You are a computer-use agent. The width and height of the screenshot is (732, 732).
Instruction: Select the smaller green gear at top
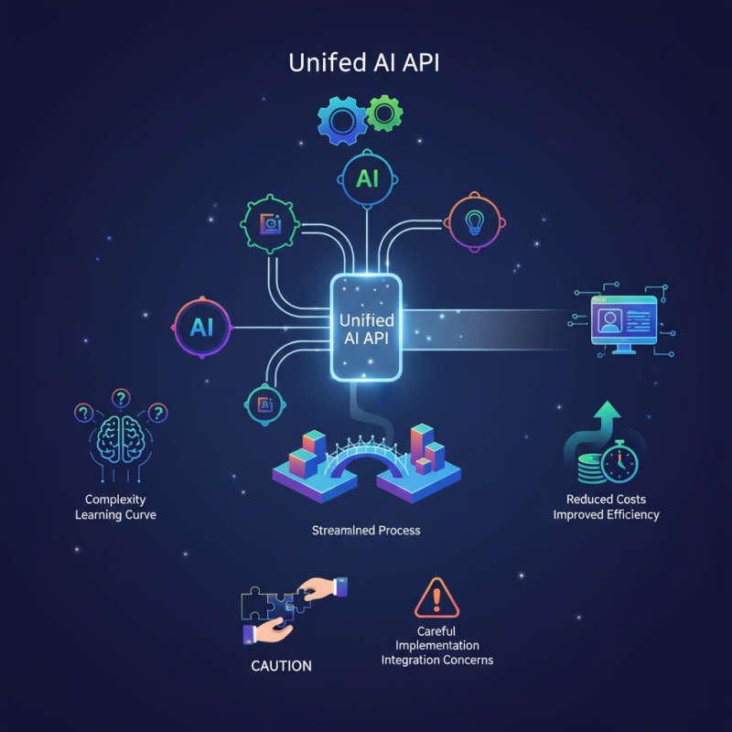[x=385, y=113]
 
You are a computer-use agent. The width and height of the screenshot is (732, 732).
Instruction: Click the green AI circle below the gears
[x=366, y=178]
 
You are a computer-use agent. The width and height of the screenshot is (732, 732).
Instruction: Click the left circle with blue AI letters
[x=201, y=327]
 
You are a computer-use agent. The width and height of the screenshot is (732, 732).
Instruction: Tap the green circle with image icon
[x=270, y=222]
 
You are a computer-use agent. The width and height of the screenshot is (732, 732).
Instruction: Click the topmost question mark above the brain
[x=119, y=398]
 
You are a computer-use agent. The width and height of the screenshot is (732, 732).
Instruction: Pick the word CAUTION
[x=281, y=665]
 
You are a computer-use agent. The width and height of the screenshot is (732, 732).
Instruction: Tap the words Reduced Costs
[x=606, y=500]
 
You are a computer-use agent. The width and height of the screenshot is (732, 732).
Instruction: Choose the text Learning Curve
[x=116, y=515]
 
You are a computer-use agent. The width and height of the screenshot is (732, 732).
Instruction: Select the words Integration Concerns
[x=436, y=660]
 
